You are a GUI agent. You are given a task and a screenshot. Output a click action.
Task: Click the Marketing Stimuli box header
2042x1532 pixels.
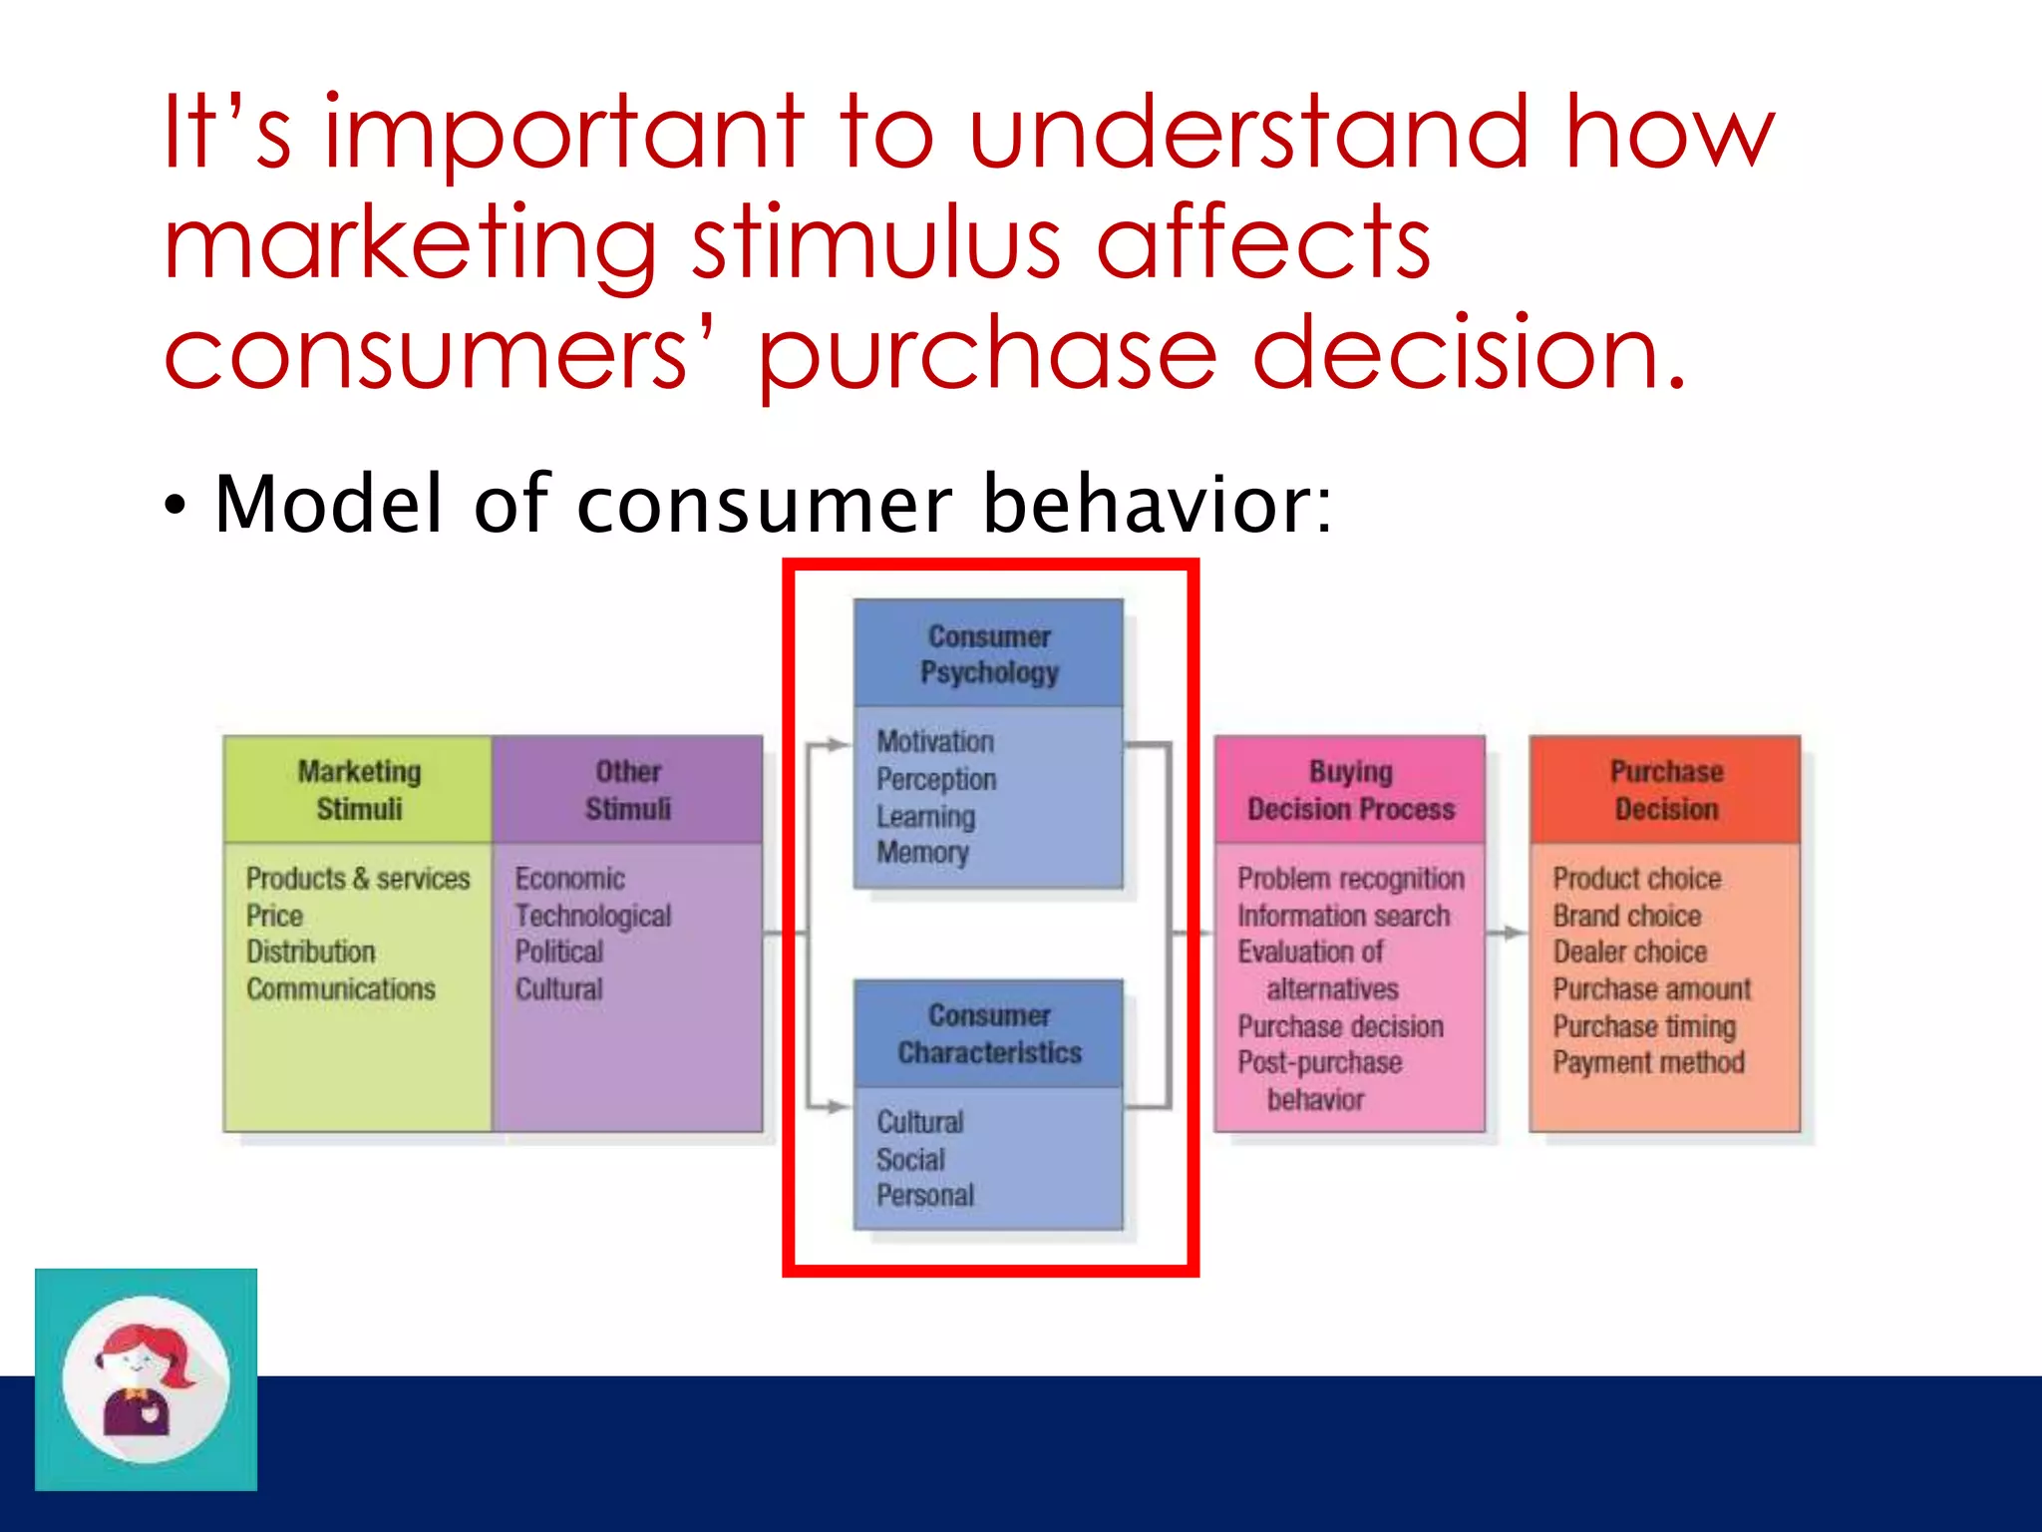point(359,790)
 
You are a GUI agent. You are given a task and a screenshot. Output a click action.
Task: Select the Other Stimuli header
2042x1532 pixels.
point(628,790)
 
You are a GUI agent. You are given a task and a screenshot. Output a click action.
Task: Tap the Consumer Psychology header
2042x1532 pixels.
point(989,654)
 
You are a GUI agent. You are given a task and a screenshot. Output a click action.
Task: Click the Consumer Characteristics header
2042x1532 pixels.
point(989,1034)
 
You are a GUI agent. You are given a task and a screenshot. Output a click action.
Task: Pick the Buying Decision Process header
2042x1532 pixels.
point(1350,790)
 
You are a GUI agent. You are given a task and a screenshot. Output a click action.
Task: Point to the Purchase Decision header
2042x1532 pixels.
point(1666,790)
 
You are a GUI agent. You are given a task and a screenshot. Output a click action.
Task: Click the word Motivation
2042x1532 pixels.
point(935,742)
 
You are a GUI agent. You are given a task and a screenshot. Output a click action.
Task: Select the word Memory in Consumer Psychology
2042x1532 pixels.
point(922,853)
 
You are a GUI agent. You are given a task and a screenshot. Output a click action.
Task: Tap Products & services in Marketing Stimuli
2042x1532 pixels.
point(358,879)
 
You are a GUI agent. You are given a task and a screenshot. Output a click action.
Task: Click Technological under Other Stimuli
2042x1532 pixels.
point(593,916)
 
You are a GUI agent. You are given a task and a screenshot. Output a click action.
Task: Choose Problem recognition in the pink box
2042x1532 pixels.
point(1351,879)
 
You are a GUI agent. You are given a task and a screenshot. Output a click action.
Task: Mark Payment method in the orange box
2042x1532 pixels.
point(1648,1062)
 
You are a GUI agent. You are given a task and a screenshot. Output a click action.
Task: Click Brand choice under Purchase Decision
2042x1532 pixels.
point(1626,916)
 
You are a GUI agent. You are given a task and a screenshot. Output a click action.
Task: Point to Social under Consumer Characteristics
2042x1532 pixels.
point(910,1159)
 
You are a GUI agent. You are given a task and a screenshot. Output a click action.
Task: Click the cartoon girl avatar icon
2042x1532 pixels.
point(146,1379)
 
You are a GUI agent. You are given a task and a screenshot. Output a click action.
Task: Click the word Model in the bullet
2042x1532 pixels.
point(327,505)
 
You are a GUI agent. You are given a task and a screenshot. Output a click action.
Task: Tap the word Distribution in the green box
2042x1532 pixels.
point(311,953)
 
